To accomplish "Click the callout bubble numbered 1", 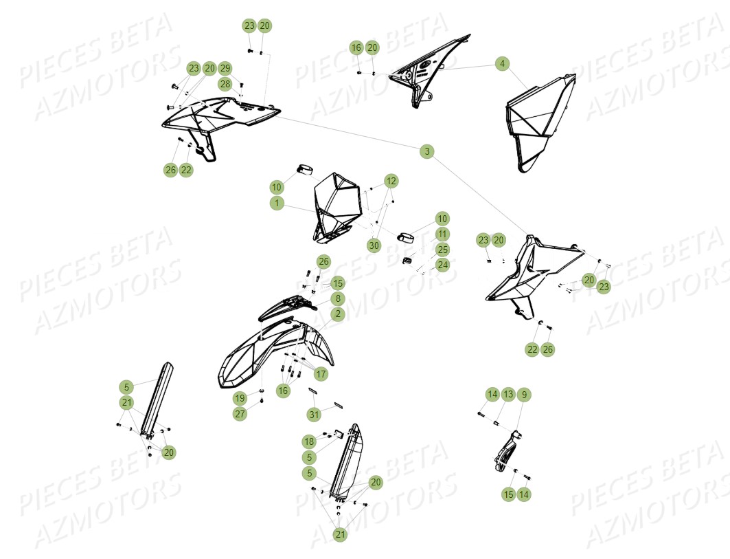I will click(276, 204).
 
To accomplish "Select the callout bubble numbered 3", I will click(427, 151).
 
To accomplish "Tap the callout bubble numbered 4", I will click(503, 63).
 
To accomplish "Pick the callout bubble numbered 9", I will click(524, 395).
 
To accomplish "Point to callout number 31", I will click(314, 414).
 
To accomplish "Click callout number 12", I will click(391, 181).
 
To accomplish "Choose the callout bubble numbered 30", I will click(374, 245).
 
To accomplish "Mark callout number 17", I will click(321, 374).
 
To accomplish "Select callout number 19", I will click(239, 398).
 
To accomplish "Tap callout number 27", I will click(239, 414).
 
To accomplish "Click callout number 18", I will click(309, 441).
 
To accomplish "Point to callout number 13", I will click(508, 395).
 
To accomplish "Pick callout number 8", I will click(337, 298).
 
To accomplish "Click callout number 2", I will click(337, 314).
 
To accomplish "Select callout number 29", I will click(225, 68).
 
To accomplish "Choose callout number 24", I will click(443, 265).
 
